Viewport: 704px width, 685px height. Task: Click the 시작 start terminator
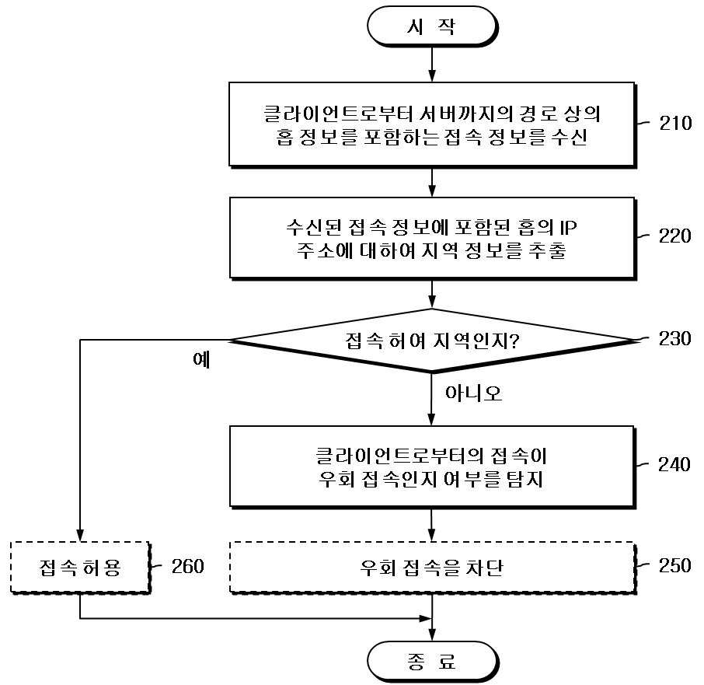[x=432, y=26]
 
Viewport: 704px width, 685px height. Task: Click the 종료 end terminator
[x=432, y=661]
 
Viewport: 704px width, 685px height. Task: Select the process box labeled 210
[x=432, y=125]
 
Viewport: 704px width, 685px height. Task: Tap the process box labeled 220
[x=432, y=239]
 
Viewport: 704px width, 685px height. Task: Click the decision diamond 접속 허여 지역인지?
[x=432, y=341]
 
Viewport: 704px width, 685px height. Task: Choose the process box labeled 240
[x=432, y=467]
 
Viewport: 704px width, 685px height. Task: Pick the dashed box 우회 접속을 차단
[x=432, y=568]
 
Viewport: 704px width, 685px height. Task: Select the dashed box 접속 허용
[x=80, y=568]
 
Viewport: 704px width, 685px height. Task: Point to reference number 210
[x=675, y=123]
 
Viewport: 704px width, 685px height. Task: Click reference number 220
[x=674, y=236]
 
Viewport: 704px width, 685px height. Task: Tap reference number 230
[x=674, y=339]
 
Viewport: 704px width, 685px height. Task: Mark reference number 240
[x=674, y=464]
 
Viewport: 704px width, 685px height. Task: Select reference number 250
[x=674, y=565]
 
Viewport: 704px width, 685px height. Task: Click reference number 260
[x=188, y=566]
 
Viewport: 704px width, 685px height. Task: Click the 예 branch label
[x=201, y=360]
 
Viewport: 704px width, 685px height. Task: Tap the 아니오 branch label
[x=473, y=393]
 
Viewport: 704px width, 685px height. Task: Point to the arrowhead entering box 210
[x=432, y=76]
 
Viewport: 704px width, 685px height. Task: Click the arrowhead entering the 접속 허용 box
[x=80, y=535]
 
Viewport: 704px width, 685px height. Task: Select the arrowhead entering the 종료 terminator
[x=432, y=634]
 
